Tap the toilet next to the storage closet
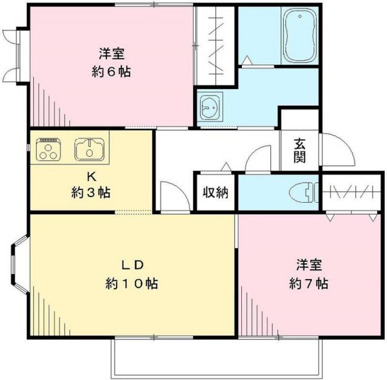(304, 193)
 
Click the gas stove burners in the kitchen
(49, 149)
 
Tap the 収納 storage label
(215, 193)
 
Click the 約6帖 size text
(111, 71)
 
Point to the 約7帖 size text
(308, 283)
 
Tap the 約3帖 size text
(90, 194)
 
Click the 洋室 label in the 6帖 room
(111, 51)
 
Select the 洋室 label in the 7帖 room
(308, 264)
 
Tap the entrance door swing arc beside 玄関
(336, 151)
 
